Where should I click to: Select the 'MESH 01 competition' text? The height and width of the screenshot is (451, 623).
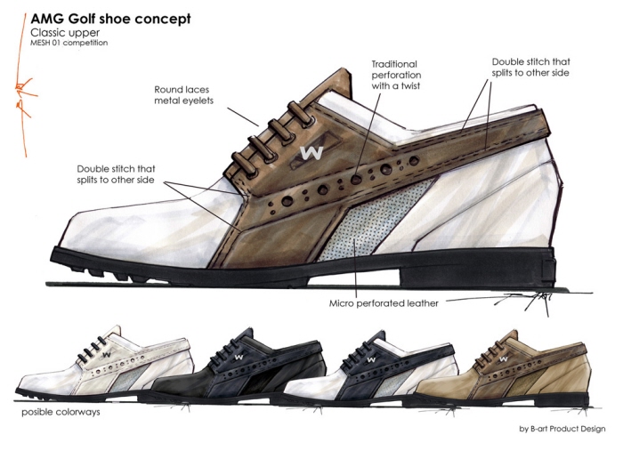(69, 42)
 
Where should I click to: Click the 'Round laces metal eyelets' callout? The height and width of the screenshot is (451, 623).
(182, 95)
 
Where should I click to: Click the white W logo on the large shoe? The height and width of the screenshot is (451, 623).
(311, 152)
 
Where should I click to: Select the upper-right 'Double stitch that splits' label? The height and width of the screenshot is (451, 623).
(530, 68)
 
